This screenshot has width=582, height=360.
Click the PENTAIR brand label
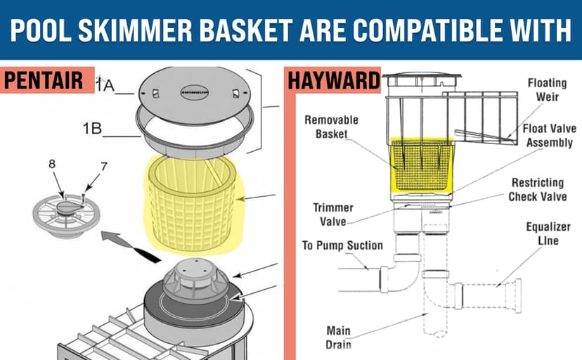(48, 80)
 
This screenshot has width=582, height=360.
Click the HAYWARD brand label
(332, 80)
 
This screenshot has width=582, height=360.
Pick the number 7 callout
(103, 167)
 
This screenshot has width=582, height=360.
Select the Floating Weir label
(547, 89)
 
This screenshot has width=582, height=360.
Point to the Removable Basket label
(331, 127)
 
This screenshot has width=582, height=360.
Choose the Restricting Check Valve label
(538, 189)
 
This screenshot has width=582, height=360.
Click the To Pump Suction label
(342, 245)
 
